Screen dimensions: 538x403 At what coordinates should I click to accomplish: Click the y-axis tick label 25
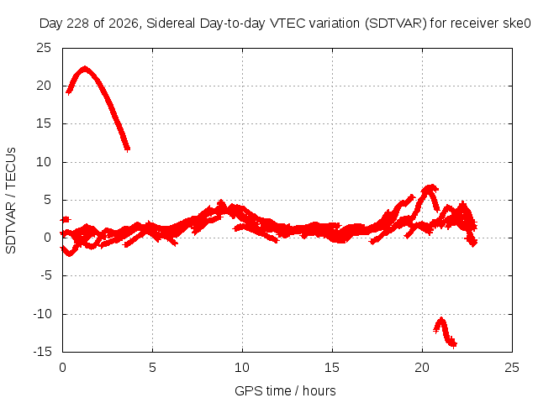[44, 48]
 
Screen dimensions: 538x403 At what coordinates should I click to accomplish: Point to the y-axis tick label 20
[44, 86]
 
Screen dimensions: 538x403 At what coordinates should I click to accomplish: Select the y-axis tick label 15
[44, 123]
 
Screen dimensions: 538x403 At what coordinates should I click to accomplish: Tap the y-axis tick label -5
[45, 275]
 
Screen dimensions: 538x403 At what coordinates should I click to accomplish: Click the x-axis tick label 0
[62, 368]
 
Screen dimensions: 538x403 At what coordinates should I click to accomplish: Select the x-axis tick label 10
[242, 368]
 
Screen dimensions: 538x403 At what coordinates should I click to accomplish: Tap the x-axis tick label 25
[512, 368]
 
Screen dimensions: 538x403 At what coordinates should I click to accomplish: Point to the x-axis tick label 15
[332, 368]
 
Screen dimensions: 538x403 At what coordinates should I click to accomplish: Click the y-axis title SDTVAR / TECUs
[11, 201]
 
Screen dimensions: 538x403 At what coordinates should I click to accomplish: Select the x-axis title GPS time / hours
[285, 391]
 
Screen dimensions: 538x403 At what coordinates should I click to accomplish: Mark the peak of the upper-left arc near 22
[84, 69]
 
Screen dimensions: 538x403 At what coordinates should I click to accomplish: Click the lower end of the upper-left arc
[127, 149]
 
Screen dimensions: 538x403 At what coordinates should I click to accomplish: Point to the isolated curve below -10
[445, 331]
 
